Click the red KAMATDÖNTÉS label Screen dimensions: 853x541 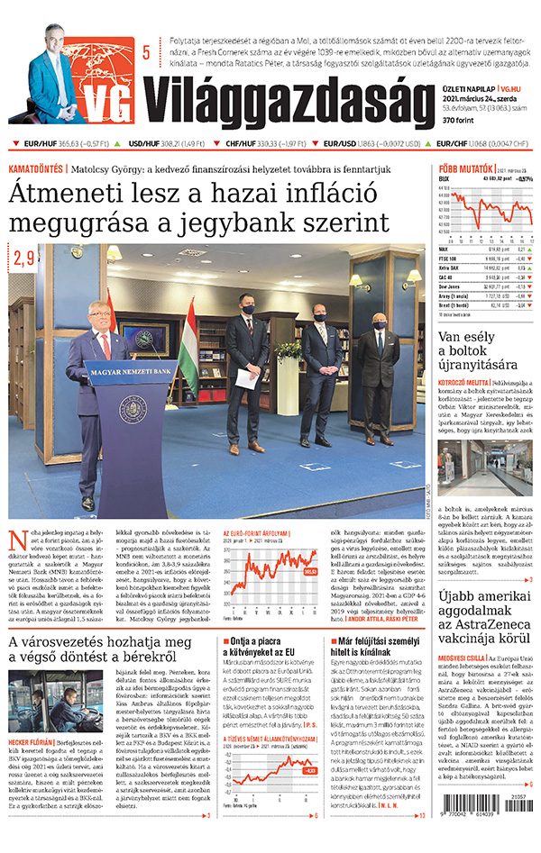[x=36, y=168]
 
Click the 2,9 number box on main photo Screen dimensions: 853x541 [x=24, y=259]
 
